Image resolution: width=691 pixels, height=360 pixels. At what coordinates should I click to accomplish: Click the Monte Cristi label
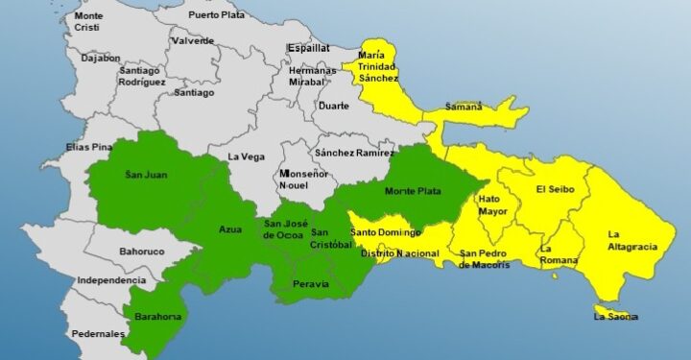pos(87,22)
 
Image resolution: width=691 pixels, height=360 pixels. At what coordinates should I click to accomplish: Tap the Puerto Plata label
pos(217,15)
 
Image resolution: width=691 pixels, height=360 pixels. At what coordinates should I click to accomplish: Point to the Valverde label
pos(193,41)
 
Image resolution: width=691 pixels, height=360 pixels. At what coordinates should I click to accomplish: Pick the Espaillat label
pos(308,47)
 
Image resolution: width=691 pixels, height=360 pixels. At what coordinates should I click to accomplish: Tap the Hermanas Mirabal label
pos(313,77)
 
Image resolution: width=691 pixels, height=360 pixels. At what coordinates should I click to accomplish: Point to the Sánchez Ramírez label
pos(354,153)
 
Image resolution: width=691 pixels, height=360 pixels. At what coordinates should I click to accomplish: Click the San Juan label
pos(146,175)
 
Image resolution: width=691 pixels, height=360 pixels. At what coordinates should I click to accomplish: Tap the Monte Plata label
pos(413,191)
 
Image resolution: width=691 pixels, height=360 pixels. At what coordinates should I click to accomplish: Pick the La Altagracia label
pos(632,240)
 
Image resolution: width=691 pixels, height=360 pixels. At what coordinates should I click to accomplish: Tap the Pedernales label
pos(98,334)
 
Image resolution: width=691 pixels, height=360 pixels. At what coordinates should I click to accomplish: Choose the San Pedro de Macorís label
pos(489,259)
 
